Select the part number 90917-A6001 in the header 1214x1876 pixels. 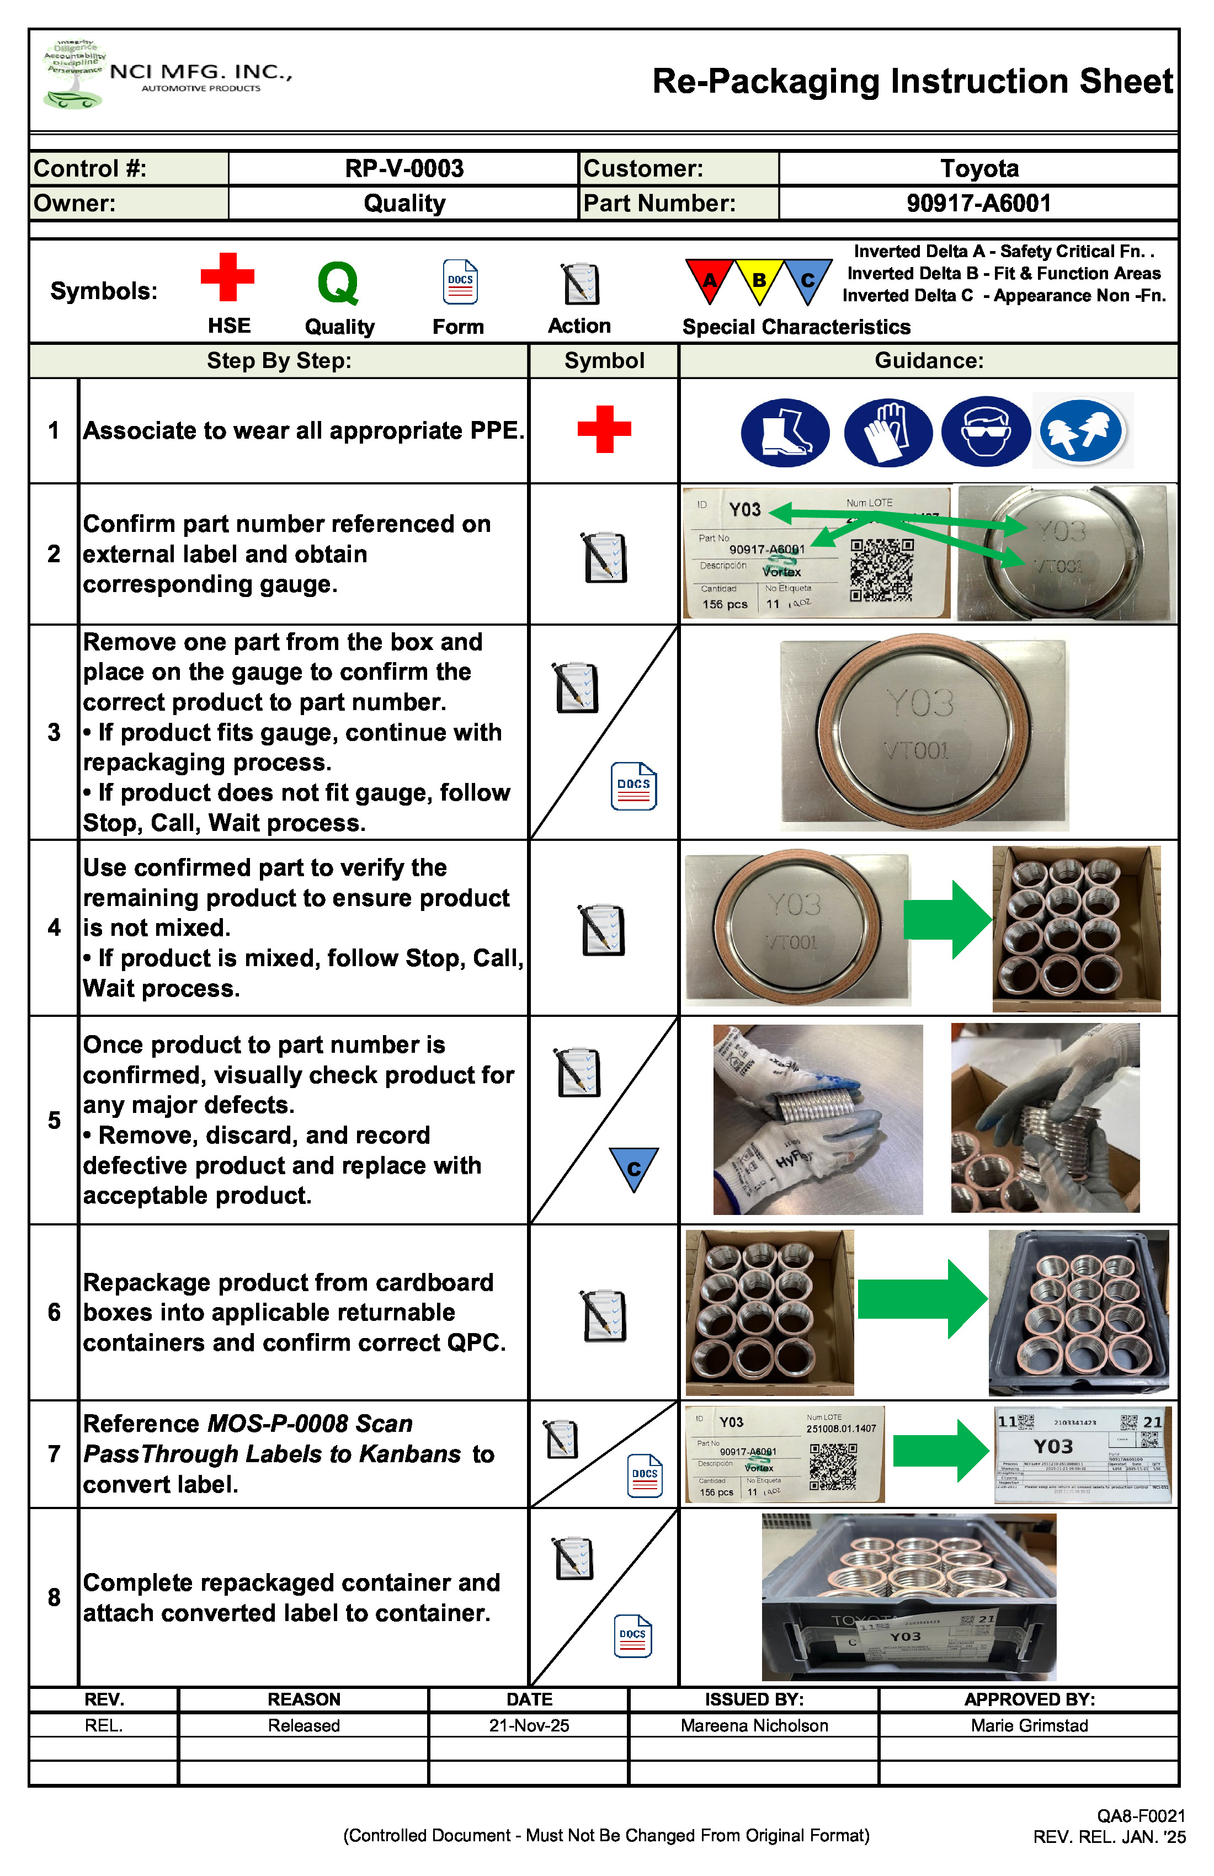click(978, 204)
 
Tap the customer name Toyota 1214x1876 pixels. click(978, 169)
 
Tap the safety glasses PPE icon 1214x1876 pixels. click(986, 432)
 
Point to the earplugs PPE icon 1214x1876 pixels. click(1082, 432)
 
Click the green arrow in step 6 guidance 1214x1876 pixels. click(922, 1298)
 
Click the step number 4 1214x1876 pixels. click(54, 928)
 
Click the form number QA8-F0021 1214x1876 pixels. click(1141, 1816)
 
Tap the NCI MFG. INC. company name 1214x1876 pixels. click(201, 72)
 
